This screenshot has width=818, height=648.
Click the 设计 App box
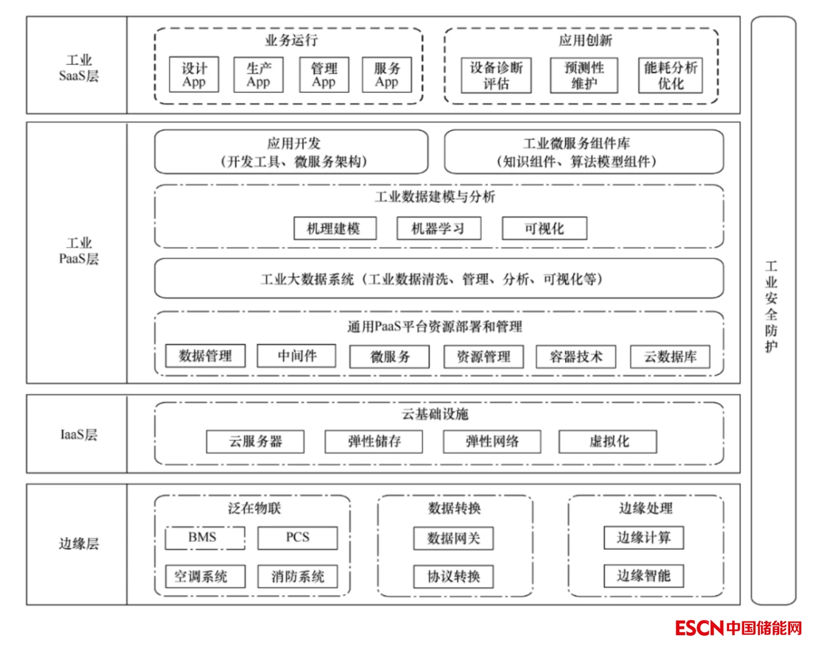coord(194,75)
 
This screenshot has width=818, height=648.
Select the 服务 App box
coord(387,75)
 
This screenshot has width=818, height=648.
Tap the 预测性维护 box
coord(584,75)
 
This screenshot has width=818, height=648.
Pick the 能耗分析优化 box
coord(671,75)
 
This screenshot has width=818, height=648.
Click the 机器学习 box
coord(438,228)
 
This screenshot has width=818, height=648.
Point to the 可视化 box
coord(544,228)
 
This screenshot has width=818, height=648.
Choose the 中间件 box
coord(296,355)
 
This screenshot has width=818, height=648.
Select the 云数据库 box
coord(670,357)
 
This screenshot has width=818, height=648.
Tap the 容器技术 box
coord(576,357)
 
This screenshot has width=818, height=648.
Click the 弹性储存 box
coord(374,441)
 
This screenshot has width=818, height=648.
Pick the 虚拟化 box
coord(608,441)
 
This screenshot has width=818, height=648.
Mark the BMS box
coord(205,537)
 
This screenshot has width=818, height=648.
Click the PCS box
coord(298,537)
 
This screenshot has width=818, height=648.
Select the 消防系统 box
coord(298,576)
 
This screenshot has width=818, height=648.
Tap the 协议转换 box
coord(453,576)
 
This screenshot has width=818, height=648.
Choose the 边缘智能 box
coord(643,575)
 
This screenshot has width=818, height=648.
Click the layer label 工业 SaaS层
coord(78,68)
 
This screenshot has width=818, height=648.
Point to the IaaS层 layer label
coord(78,434)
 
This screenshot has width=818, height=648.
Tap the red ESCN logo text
coord(700,627)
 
